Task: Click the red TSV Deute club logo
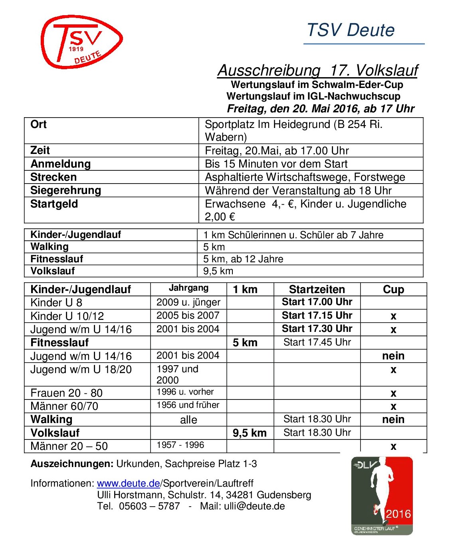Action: [81, 42]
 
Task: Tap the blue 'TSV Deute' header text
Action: [351, 30]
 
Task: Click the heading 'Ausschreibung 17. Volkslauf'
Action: [317, 70]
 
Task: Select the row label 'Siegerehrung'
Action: [65, 190]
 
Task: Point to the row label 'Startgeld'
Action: [54, 204]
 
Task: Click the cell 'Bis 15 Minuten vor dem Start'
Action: [276, 164]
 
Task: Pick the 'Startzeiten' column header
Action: [317, 289]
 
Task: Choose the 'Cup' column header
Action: [393, 289]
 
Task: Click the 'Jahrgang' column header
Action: [188, 288]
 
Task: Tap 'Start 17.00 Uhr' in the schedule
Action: [317, 302]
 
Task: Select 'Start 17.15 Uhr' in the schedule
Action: [317, 315]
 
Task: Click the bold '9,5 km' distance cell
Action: [250, 433]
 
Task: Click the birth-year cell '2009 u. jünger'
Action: [188, 302]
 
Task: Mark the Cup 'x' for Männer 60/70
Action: [393, 407]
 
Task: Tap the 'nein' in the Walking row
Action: [393, 419]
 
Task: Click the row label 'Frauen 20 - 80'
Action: [66, 393]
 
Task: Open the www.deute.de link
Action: [128, 483]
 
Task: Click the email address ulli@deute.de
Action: [254, 506]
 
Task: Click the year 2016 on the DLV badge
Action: [398, 514]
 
